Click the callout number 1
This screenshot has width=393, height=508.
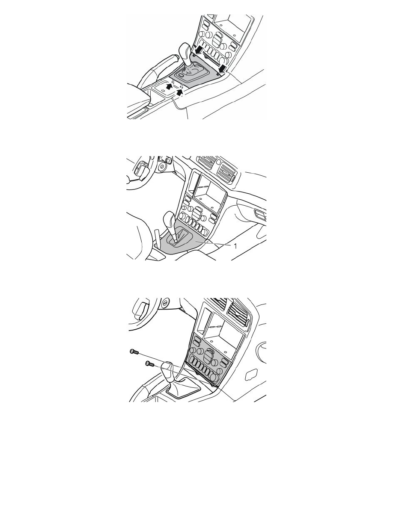click(x=235, y=246)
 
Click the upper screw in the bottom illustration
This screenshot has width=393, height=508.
click(x=134, y=351)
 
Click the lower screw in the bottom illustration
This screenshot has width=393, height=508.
click(x=150, y=364)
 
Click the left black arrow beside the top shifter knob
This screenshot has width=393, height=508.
click(x=199, y=50)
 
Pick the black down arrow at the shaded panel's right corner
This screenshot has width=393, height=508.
click(x=223, y=68)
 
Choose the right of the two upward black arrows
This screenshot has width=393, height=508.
click(x=179, y=93)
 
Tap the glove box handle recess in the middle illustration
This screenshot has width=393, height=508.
click(x=260, y=214)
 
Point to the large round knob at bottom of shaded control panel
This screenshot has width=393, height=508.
click(x=213, y=376)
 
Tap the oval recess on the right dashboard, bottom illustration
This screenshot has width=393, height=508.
click(x=251, y=375)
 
